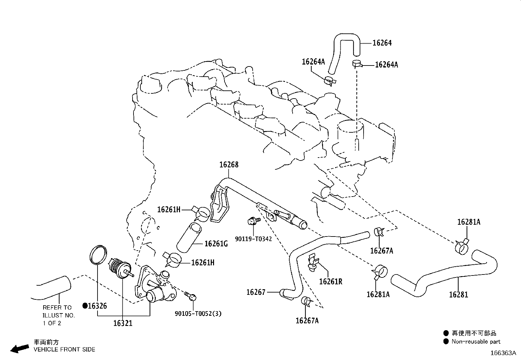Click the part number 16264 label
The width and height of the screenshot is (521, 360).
tap(382, 43)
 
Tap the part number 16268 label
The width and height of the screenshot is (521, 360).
tap(229, 165)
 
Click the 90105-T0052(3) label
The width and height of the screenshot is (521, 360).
tap(198, 313)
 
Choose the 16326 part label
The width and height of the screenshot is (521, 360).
tap(98, 306)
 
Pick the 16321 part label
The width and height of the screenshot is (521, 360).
tap(123, 323)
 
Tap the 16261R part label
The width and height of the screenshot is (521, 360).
tap(331, 281)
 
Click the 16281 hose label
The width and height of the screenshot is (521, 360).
tap(458, 294)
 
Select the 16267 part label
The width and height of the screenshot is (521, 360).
tap(256, 292)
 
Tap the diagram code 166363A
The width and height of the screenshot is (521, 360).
tap(503, 353)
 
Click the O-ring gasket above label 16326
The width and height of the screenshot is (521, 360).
tap(98, 254)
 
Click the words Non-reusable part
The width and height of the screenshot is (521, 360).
tap(476, 342)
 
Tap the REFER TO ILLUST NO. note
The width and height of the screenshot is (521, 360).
tap(59, 315)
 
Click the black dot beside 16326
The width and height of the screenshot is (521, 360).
tap(85, 306)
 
